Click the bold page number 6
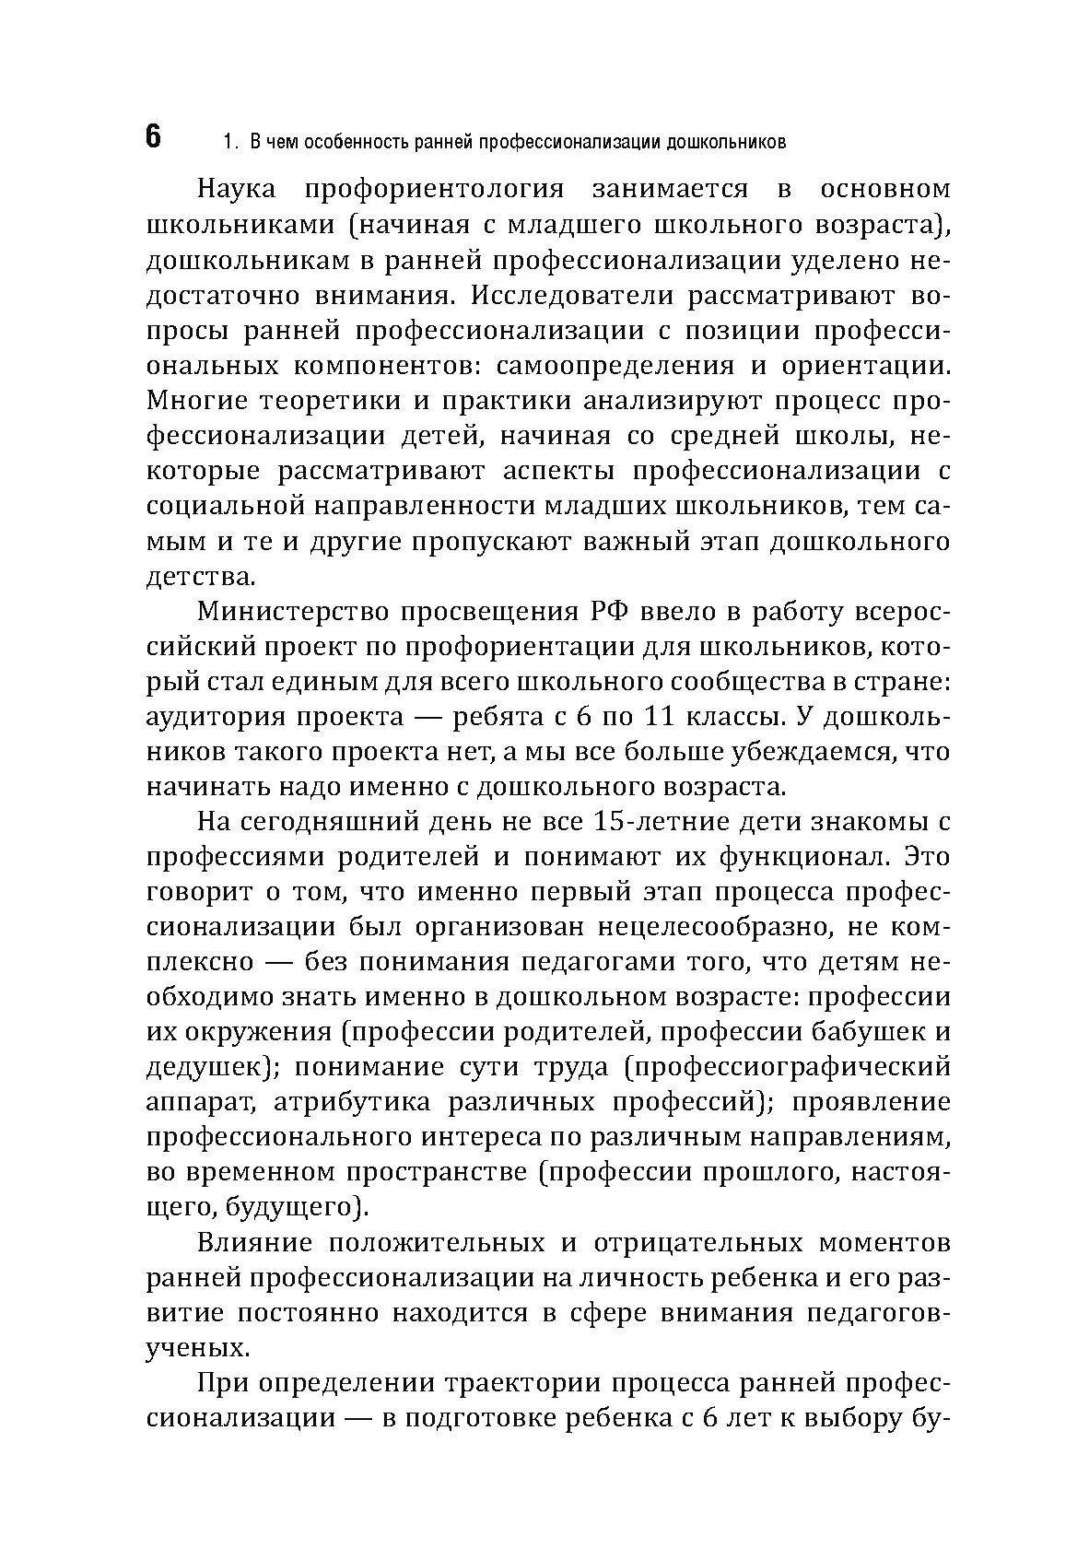(x=153, y=137)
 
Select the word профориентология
(x=434, y=189)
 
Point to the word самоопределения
(x=615, y=366)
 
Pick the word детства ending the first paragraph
(x=198, y=578)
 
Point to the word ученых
(x=197, y=1348)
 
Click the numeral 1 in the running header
(x=228, y=143)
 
